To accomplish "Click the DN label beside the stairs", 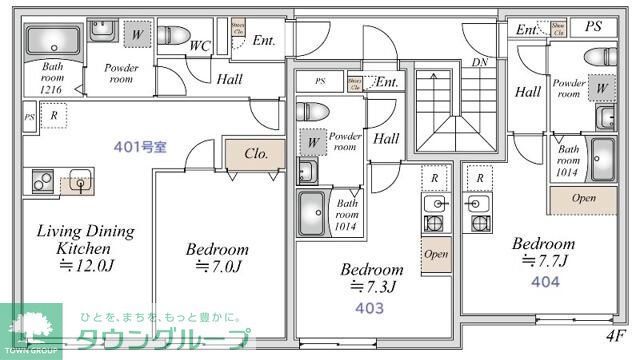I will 479,62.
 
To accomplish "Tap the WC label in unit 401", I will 199,45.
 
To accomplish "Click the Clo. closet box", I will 255,155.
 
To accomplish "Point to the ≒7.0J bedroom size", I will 216,266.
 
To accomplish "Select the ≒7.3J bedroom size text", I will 372,287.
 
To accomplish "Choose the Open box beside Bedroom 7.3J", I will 436,254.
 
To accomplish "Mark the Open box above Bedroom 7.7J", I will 583,198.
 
